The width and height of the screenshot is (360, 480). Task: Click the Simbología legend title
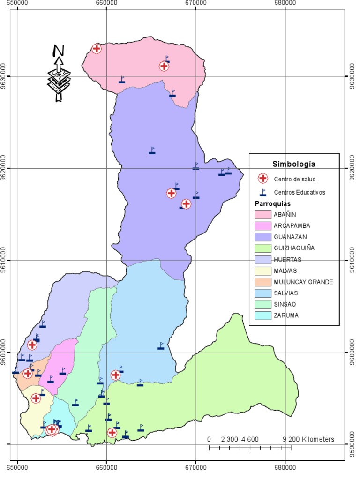[293, 164]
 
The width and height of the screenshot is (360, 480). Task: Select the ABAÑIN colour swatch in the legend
[263, 214]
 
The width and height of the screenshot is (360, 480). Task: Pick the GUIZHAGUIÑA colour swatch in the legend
[263, 248]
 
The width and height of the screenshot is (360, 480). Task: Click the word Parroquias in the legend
[272, 204]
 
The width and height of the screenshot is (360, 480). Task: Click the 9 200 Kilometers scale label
[308, 440]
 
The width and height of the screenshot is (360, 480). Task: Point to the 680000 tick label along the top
[285, 3]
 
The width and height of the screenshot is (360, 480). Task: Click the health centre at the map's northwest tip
[97, 48]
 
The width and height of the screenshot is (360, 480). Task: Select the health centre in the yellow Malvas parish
[36, 398]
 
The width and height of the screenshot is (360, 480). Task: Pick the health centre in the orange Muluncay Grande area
[28, 374]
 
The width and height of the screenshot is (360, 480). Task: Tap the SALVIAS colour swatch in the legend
[263, 293]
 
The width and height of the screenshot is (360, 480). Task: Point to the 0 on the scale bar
[209, 440]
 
